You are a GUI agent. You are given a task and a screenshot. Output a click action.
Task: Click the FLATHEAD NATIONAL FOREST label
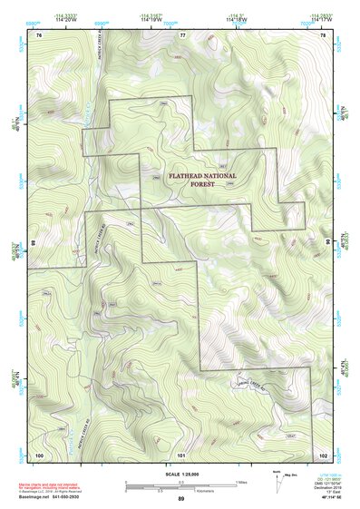point(201,180)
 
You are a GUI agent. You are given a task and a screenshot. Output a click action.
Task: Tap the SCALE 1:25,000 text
point(180,473)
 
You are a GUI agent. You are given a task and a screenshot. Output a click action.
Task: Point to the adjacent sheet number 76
point(39,34)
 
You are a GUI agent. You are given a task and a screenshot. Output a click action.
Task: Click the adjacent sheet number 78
point(323,34)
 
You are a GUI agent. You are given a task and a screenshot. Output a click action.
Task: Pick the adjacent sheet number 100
point(39,453)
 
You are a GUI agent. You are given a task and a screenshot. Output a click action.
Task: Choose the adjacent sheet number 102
point(323,453)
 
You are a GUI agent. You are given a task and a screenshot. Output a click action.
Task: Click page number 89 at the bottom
point(180,500)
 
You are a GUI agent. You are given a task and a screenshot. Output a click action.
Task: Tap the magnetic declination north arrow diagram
point(278,476)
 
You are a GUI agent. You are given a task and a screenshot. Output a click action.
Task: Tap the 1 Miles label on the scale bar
point(241,481)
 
